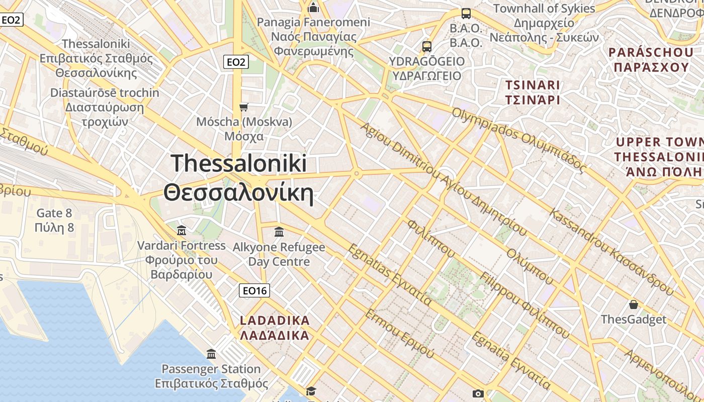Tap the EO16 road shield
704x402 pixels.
[x=254, y=290]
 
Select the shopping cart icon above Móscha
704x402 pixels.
[x=244, y=107]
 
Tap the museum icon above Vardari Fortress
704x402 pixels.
[x=182, y=231]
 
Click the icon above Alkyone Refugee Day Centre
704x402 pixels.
[x=279, y=232]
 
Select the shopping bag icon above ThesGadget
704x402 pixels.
[x=634, y=305]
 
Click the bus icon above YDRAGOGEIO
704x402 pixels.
[x=427, y=47]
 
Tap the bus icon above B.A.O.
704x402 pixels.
[x=466, y=14]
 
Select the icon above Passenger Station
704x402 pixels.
[x=211, y=354]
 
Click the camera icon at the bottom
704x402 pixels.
[x=478, y=393]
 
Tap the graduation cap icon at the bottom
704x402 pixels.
[x=311, y=391]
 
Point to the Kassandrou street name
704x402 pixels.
[x=611, y=251]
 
